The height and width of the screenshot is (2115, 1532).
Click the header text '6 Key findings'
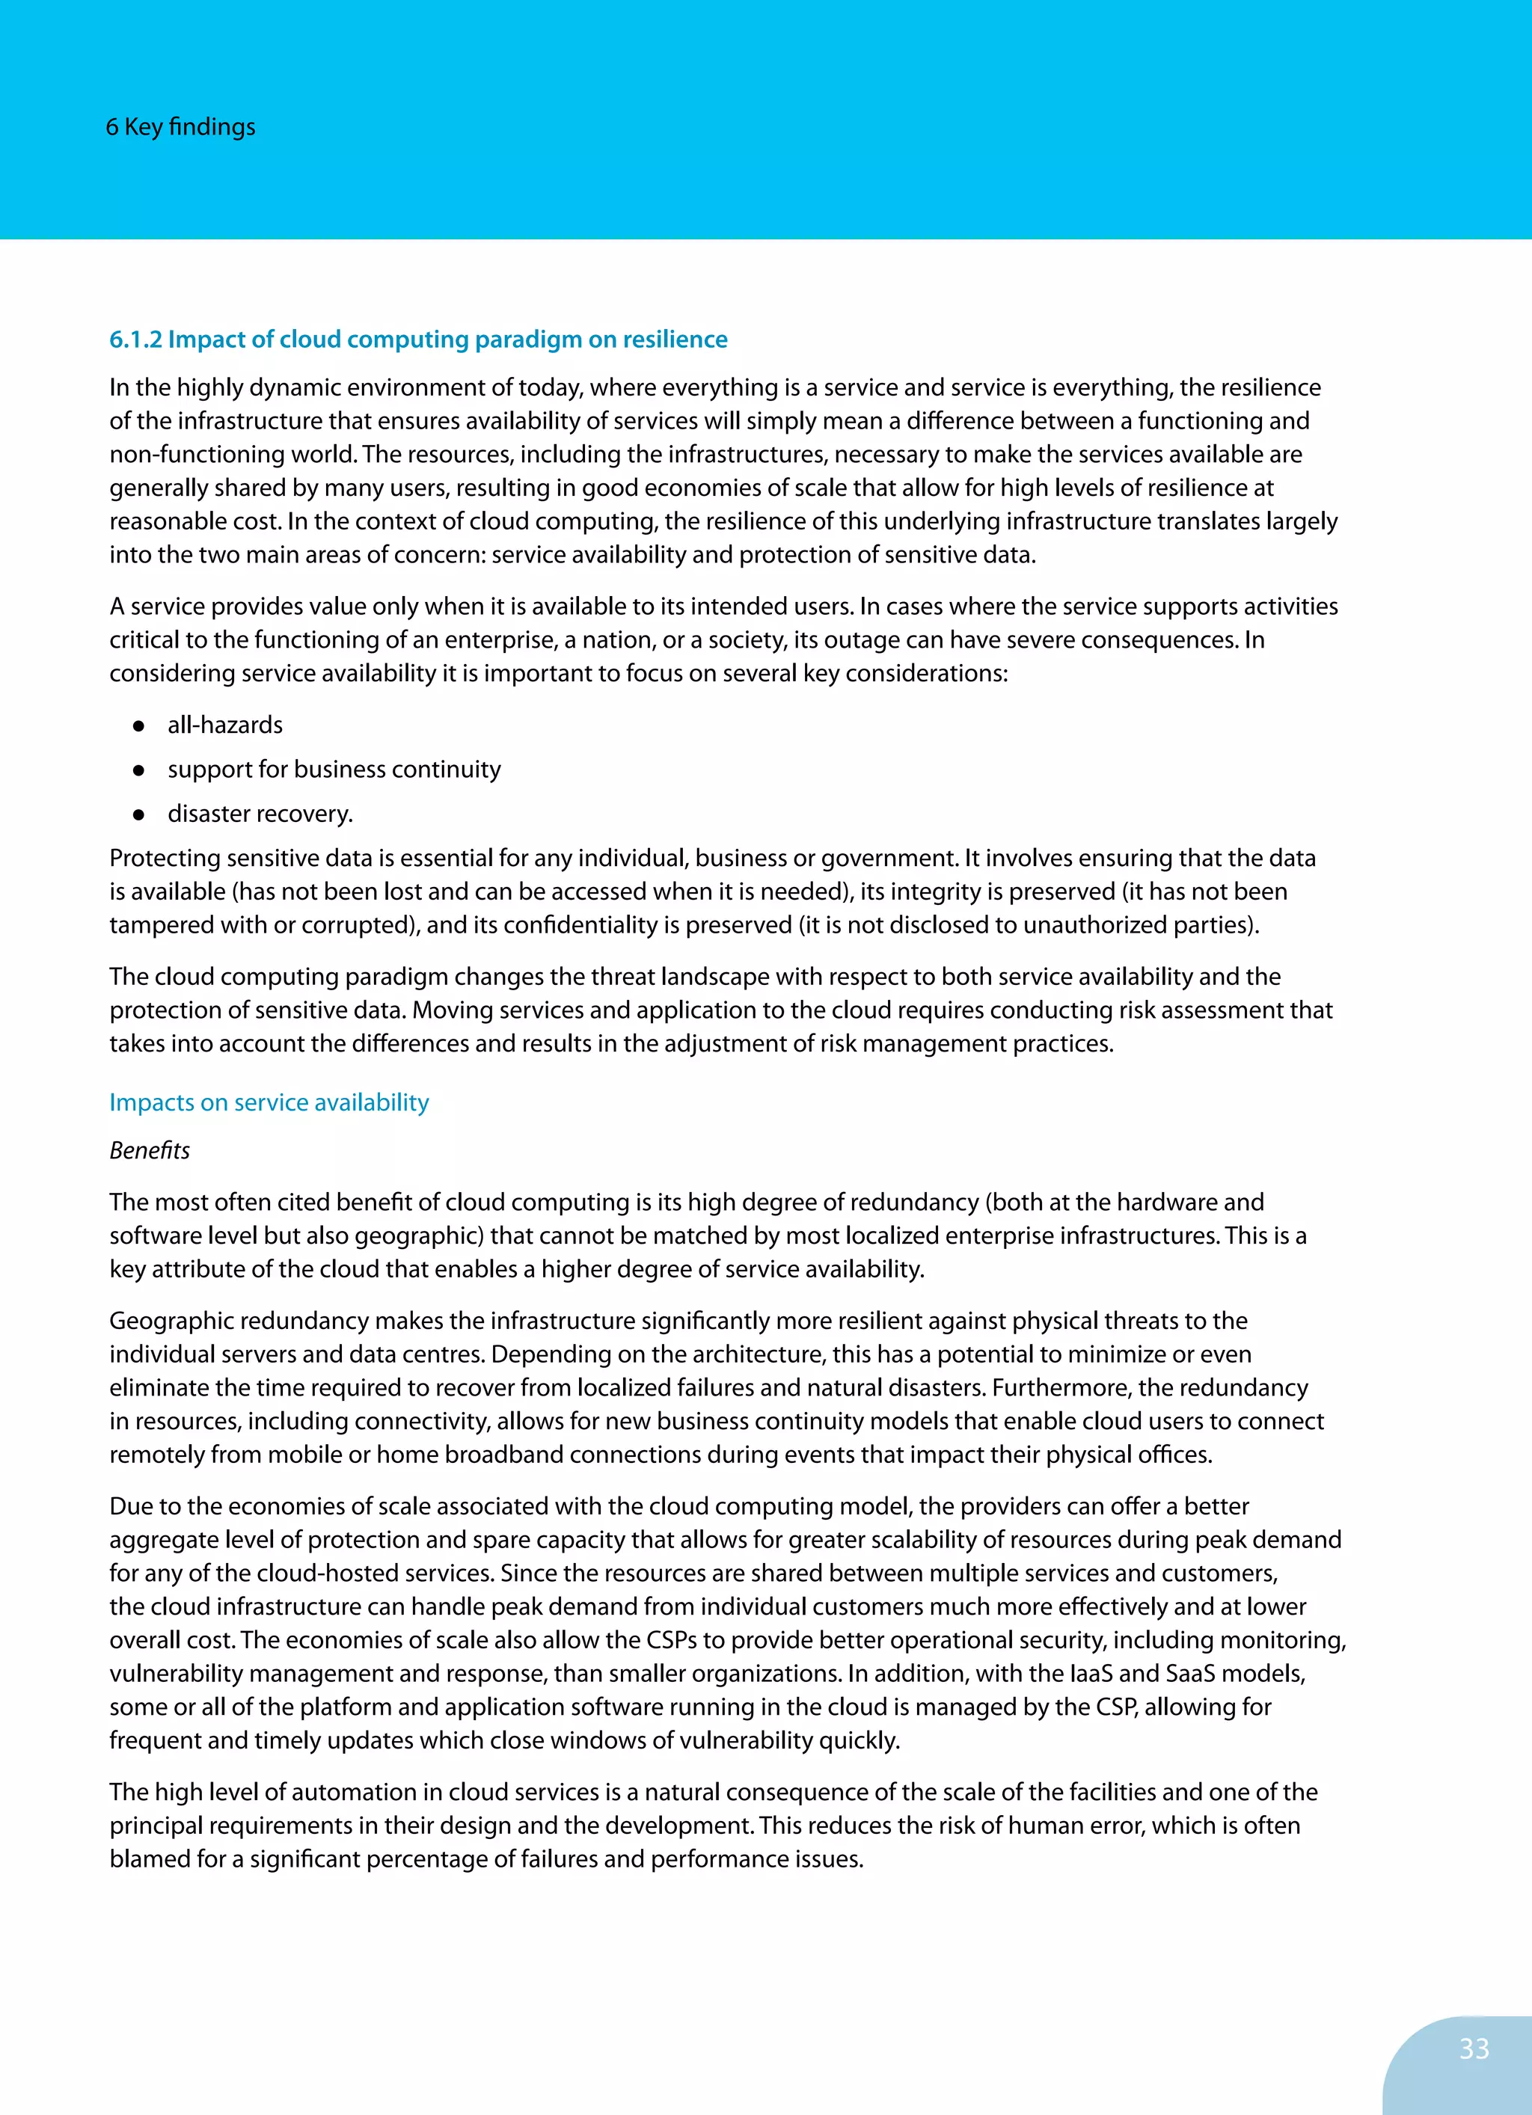point(180,127)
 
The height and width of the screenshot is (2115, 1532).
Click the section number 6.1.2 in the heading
point(135,340)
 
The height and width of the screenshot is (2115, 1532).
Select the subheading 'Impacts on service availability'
point(269,1102)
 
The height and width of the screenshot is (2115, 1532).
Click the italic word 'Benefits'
point(150,1151)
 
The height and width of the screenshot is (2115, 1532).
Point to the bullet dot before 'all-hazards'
point(138,725)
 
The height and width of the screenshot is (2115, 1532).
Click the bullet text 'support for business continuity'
point(334,770)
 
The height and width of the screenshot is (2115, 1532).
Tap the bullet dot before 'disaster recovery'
point(138,814)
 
